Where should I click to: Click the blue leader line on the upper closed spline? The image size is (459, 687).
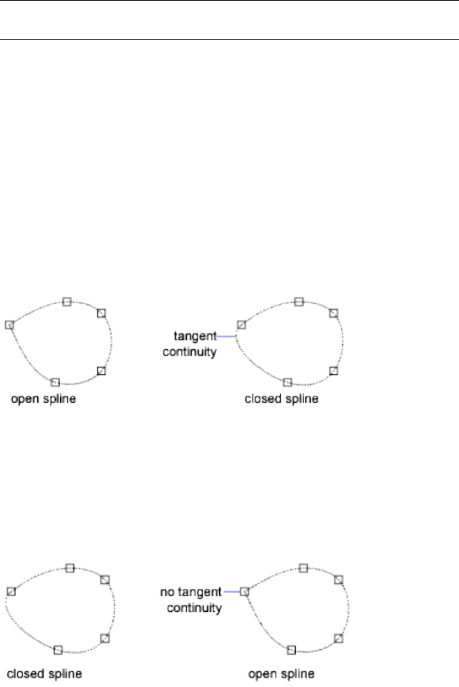click(227, 336)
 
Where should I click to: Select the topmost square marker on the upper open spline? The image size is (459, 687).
click(67, 301)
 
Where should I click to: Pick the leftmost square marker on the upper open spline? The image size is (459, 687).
click(9, 324)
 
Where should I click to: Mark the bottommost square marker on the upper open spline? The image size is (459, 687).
click(55, 381)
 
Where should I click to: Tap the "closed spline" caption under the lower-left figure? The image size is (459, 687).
click(44, 673)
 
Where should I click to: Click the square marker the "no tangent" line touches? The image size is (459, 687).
click(244, 592)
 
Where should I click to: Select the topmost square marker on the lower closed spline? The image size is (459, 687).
click(69, 567)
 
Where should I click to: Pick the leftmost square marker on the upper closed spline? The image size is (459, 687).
click(241, 324)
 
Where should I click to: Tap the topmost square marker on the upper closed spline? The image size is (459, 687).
click(299, 301)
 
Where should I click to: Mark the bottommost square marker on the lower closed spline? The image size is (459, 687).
click(58, 649)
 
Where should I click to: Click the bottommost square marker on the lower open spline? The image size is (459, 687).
click(291, 649)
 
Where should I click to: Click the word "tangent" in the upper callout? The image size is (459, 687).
click(195, 336)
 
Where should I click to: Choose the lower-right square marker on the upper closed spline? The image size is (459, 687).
click(333, 370)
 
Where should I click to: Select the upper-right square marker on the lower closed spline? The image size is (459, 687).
click(105, 579)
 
